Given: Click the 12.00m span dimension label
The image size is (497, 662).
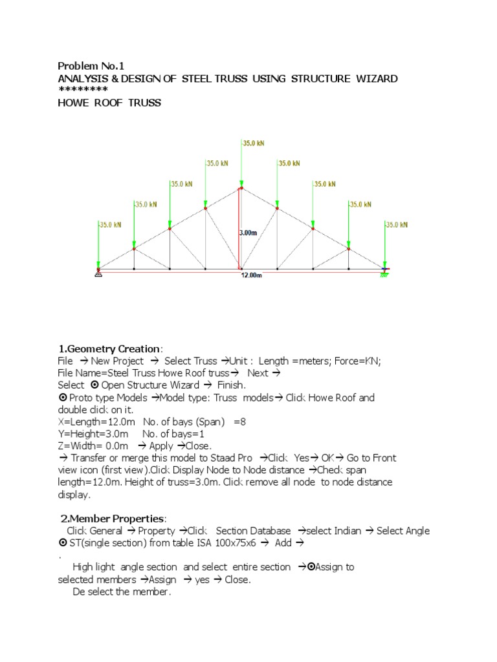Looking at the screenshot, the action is pos(252,275).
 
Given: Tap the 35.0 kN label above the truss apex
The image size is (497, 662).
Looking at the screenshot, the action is pos(253,144).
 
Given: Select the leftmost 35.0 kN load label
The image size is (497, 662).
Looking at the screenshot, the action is pos(111,225).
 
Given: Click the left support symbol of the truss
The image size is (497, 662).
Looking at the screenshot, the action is pos(98,273).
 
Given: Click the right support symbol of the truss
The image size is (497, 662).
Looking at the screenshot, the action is pos(384,273).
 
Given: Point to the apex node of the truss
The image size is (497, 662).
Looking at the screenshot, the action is pos(241,188).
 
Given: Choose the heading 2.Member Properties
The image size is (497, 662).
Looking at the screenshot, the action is pos(113,518).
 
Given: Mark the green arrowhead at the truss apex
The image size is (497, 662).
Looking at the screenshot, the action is pos(241,184).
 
